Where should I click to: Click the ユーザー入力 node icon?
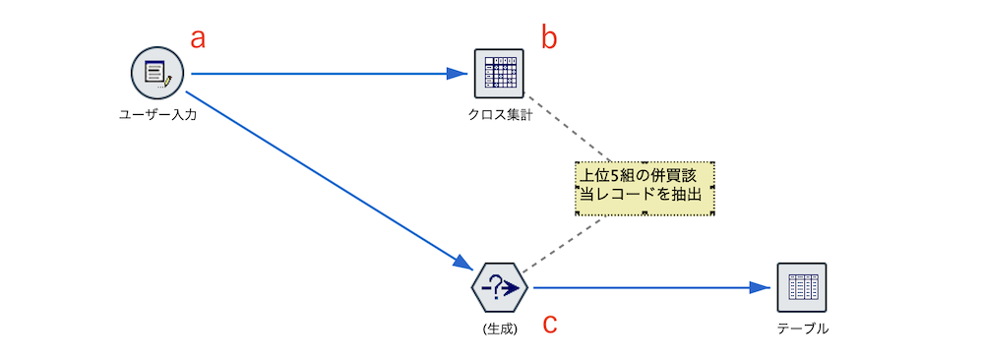pos(157,73)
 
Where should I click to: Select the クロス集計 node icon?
pos(499,73)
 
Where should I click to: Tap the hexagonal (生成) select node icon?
pos(500,287)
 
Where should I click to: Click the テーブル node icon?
pos(801,287)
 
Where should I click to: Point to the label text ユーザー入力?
pos(157,115)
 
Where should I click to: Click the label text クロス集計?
pos(499,115)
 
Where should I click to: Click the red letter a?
pos(198,38)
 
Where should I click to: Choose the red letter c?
pos(551,323)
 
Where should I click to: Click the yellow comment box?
pos(645,187)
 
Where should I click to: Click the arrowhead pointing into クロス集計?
pos(457,73)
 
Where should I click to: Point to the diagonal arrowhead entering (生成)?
pos(462,262)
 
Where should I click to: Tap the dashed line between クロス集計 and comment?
pos(569,129)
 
